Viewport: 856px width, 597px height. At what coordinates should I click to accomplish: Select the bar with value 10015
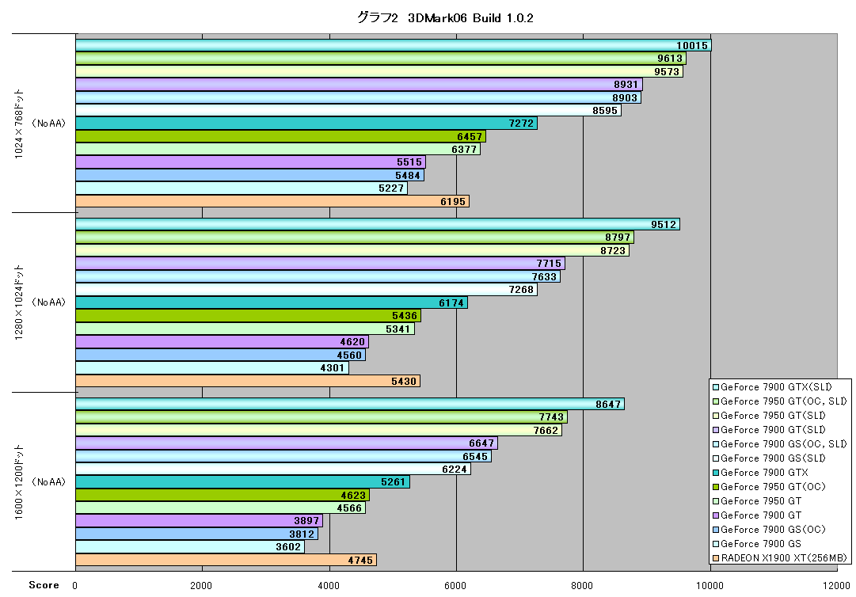point(394,45)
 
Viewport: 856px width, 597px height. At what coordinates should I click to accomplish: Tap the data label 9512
point(664,224)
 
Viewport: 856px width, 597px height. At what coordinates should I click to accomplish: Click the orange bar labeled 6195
point(272,201)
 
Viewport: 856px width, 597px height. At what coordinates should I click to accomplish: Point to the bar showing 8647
point(350,404)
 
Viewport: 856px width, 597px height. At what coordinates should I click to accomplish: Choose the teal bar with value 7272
point(306,124)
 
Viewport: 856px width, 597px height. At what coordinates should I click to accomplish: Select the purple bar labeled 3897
point(200,521)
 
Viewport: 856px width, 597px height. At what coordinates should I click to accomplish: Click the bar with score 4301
point(212,368)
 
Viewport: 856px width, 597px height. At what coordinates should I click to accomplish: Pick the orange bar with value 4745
point(226,560)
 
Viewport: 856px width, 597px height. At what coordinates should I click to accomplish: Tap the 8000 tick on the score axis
point(582,586)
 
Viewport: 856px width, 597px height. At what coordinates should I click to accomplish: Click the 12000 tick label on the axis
point(836,586)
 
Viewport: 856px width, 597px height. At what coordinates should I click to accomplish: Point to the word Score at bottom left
point(44,585)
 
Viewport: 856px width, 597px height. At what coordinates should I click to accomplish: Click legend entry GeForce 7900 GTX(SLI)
point(772,387)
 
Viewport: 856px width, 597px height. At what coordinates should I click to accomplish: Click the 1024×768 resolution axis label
point(19,124)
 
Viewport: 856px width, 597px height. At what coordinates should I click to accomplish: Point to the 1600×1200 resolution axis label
point(19,482)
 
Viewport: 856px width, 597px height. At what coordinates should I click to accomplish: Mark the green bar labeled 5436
point(249,316)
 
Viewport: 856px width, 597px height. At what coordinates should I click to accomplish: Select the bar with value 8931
point(360,85)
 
